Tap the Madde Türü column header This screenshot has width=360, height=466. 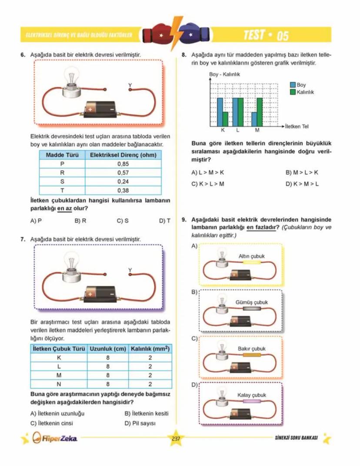click(62, 155)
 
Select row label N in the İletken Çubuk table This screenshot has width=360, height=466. click(59, 384)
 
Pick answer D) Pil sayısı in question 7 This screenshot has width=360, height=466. click(140, 422)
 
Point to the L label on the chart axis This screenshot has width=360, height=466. click(238, 130)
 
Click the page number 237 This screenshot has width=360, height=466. click(176, 438)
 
